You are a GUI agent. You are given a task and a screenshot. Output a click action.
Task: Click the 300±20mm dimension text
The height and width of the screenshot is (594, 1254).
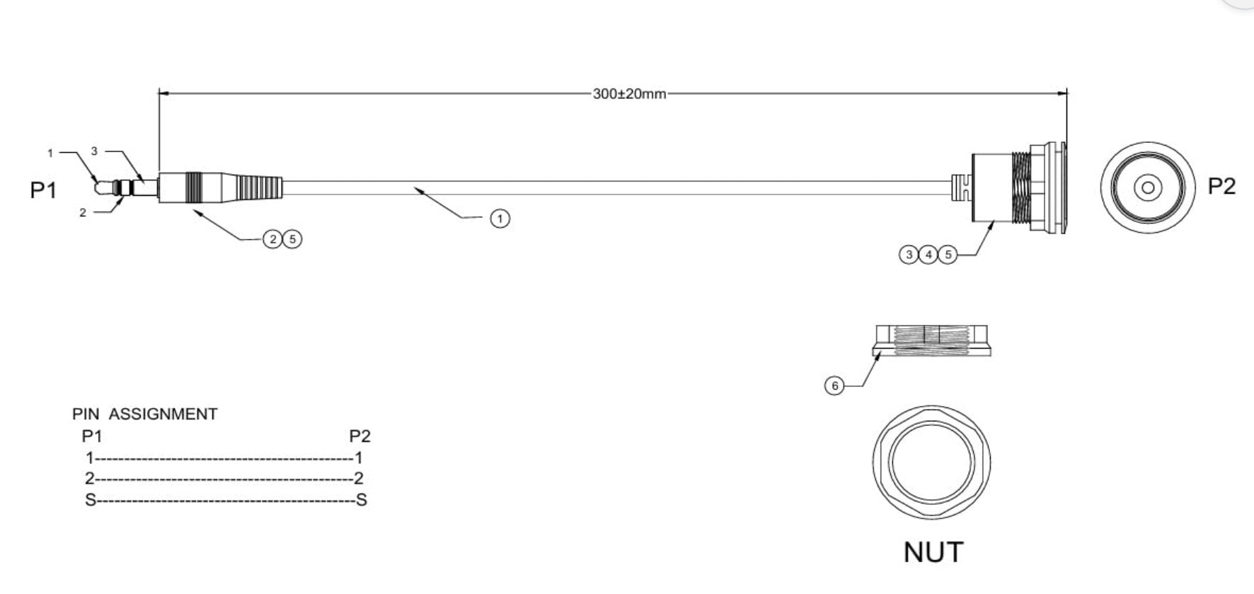[x=629, y=94]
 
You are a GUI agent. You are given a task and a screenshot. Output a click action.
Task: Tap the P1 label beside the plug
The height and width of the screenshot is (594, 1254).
[x=43, y=190]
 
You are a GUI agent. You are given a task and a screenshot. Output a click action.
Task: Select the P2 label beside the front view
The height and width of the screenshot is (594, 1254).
[x=1221, y=186]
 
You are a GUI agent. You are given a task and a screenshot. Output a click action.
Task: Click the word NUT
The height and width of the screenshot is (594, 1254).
[x=933, y=552]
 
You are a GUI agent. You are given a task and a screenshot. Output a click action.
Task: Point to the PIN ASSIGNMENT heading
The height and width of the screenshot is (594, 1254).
[x=145, y=414]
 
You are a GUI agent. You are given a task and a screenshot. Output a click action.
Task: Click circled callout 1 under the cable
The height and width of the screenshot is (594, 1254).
[x=500, y=219]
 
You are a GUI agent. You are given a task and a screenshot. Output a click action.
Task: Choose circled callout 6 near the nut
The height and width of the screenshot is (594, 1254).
[x=834, y=385]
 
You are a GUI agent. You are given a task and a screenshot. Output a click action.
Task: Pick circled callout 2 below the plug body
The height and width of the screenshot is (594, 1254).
[x=273, y=239]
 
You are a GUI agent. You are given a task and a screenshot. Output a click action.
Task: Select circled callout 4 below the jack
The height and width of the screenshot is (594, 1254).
[x=928, y=254]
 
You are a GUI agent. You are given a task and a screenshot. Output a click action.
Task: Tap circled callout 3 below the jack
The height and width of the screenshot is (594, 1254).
[x=909, y=254]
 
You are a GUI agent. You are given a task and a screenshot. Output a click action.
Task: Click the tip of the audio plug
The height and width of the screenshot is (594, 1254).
[x=100, y=187]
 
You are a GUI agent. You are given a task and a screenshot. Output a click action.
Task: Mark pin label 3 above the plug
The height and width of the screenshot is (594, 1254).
[x=93, y=151]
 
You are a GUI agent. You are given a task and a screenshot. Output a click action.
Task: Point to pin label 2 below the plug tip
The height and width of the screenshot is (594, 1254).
[x=83, y=212]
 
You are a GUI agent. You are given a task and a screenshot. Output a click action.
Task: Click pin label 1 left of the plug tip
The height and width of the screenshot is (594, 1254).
[x=50, y=153]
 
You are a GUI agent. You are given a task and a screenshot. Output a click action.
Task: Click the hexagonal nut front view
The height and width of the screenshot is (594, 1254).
[x=931, y=461]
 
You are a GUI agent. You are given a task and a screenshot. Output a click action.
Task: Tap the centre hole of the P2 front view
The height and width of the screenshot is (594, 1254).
[x=1148, y=187]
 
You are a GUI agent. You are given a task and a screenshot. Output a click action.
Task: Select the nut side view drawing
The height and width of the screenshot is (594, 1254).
[x=931, y=340]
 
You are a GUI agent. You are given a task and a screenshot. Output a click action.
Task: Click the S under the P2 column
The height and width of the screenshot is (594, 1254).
[x=361, y=500]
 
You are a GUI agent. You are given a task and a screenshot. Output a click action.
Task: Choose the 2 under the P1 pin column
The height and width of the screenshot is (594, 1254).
[x=90, y=479]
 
